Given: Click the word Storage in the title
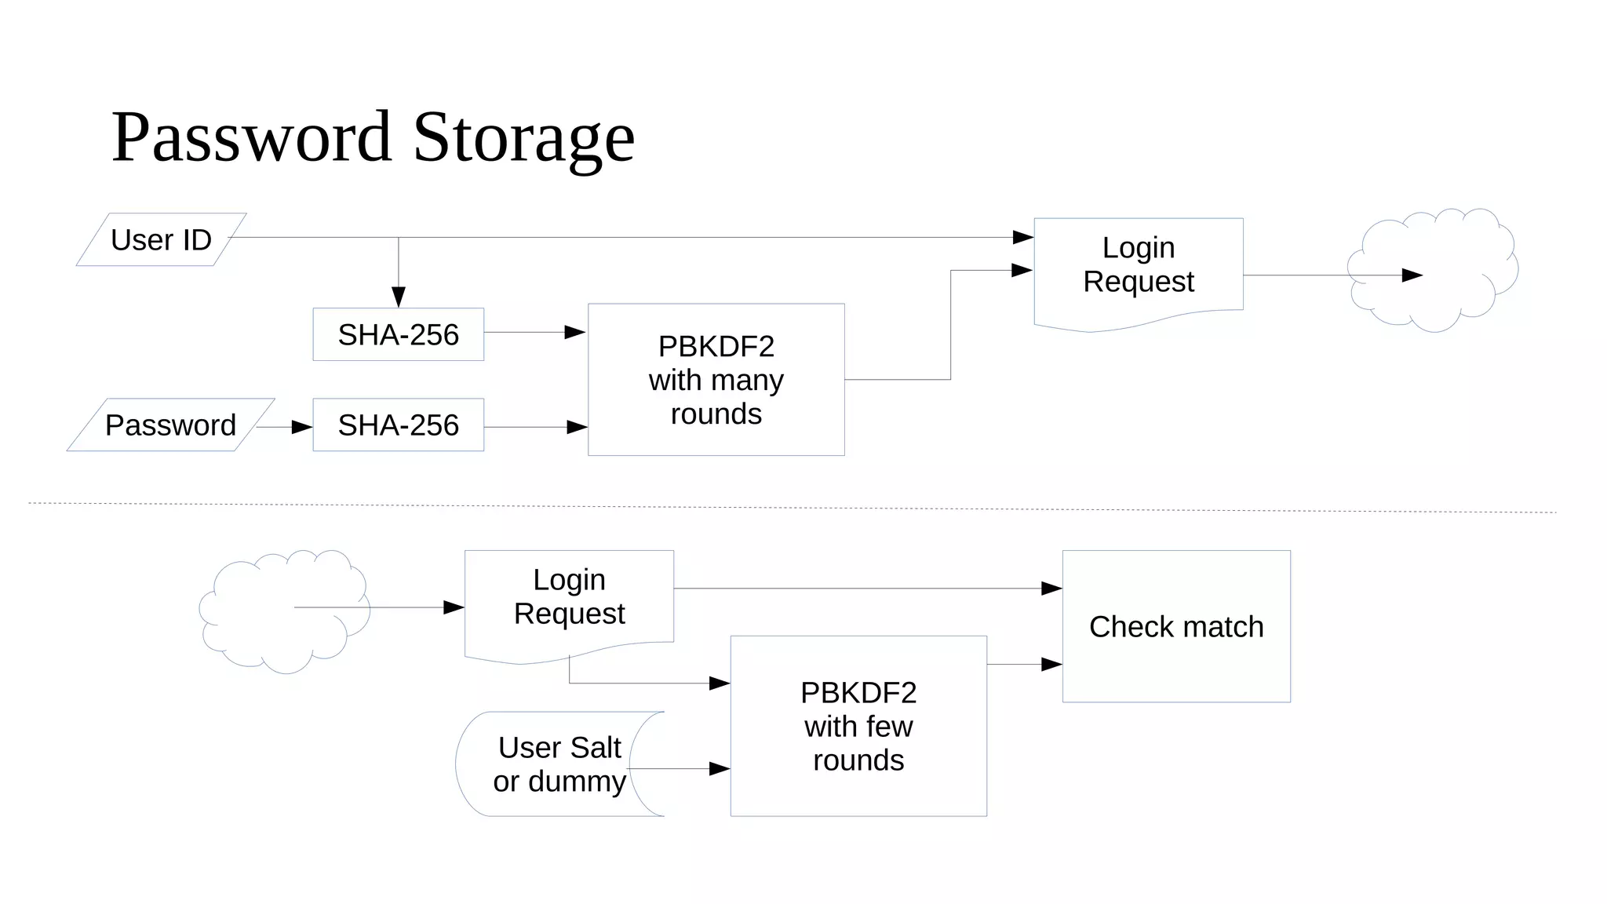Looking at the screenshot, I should point(523,137).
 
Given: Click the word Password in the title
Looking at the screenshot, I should point(251,137).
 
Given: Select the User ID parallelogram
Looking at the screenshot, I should point(162,240).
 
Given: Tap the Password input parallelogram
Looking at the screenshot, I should point(170,425).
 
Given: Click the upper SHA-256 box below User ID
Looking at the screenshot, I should point(398,335).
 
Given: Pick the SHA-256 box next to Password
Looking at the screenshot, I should point(398,425).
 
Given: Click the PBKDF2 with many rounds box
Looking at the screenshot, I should point(716,380).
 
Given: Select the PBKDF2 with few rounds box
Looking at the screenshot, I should point(858,727).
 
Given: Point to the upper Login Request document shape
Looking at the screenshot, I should point(1138,267).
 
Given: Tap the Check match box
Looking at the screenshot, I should point(1176,627).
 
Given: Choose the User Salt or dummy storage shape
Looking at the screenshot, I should point(559,764).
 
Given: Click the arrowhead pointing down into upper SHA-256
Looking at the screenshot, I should point(399,297).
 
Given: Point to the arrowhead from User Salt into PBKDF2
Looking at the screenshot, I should point(720,769).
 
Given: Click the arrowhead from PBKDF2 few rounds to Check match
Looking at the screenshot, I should point(1051,665).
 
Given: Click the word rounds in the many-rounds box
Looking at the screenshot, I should point(716,414).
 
